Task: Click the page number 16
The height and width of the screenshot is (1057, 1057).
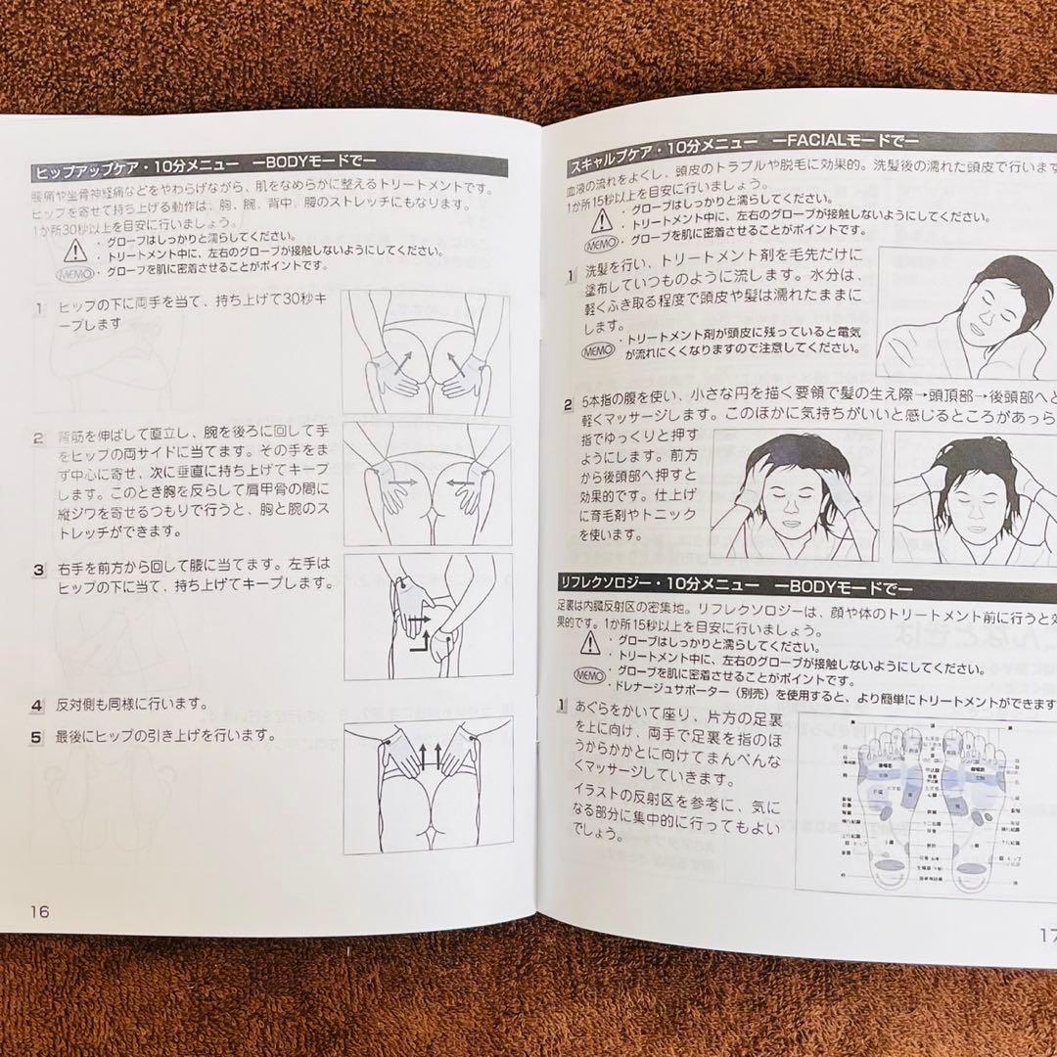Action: pyautogui.click(x=39, y=910)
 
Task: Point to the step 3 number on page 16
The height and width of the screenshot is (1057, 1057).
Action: pyautogui.click(x=39, y=569)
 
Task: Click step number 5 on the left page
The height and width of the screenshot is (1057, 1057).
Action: pyautogui.click(x=36, y=737)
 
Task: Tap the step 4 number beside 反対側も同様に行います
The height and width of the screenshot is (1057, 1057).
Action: pyautogui.click(x=36, y=705)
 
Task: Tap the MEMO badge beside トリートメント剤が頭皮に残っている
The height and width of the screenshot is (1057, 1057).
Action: pyautogui.click(x=597, y=349)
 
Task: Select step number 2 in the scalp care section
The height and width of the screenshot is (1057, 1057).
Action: pyautogui.click(x=568, y=403)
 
